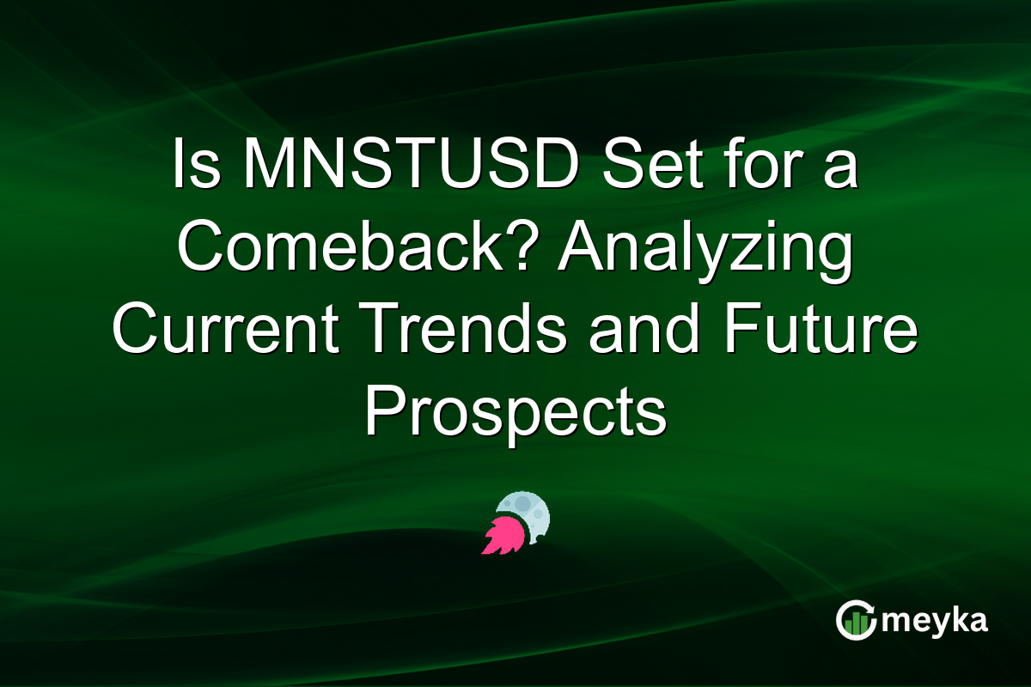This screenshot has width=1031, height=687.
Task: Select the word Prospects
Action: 515,414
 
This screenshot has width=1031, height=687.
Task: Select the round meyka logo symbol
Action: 854,621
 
